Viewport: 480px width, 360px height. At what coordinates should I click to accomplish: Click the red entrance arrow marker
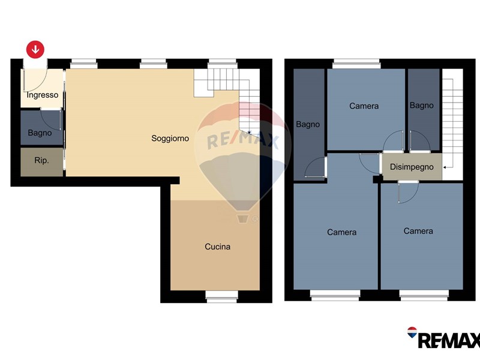click(35, 49)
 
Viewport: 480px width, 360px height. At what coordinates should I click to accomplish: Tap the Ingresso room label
click(42, 95)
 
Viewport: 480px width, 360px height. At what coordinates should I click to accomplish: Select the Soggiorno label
click(170, 139)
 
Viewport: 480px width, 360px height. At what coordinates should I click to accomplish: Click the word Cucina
click(217, 247)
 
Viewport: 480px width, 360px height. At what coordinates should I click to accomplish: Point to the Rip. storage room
click(41, 162)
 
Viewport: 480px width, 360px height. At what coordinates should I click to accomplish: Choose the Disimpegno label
click(412, 167)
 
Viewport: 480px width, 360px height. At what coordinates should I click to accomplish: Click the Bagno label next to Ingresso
click(40, 133)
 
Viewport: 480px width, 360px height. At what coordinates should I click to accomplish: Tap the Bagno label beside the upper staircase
click(422, 106)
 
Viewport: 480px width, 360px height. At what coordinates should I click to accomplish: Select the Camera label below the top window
click(364, 106)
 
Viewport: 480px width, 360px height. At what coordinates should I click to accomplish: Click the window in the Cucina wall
click(221, 296)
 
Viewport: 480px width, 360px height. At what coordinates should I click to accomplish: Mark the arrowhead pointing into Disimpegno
click(445, 167)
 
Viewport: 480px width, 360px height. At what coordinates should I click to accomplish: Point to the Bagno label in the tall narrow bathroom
click(308, 124)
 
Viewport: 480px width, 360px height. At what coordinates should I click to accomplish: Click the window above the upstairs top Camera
click(356, 64)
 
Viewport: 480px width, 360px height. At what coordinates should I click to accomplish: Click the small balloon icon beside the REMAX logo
click(412, 332)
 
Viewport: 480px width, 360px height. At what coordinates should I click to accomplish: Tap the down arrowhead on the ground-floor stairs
click(249, 133)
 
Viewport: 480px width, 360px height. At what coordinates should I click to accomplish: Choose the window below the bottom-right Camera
click(424, 295)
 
